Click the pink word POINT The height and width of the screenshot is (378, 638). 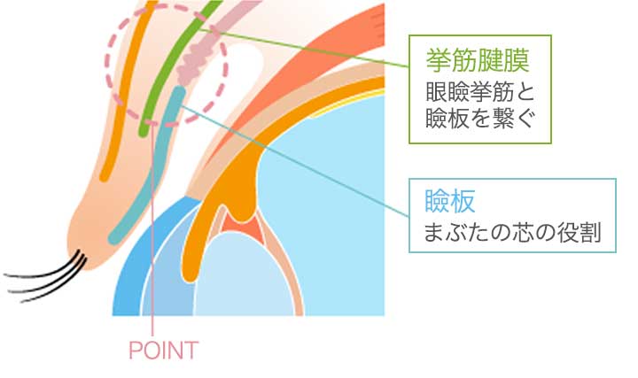[x=164, y=351]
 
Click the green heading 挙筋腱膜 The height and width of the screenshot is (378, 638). [x=478, y=60]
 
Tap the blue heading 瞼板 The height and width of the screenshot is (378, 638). [x=449, y=201]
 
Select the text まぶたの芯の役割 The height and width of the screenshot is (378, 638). [x=512, y=233]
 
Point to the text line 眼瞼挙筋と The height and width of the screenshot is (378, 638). [x=479, y=92]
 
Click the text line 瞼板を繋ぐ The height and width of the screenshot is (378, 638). [x=479, y=120]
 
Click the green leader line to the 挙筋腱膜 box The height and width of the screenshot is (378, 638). [x=303, y=48]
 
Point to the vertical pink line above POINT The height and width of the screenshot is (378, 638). [x=152, y=232]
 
